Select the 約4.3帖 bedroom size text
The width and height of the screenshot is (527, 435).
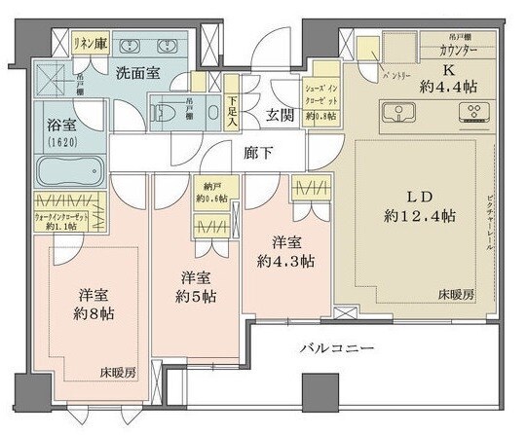tap(280, 260)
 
